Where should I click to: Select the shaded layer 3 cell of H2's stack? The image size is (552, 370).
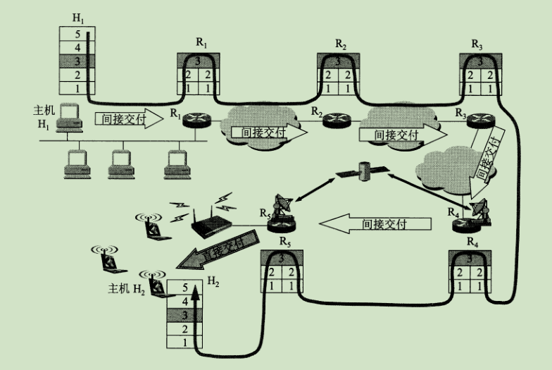tap(184, 315)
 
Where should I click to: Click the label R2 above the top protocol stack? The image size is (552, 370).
tap(341, 44)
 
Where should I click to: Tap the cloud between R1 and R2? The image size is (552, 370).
tap(257, 126)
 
